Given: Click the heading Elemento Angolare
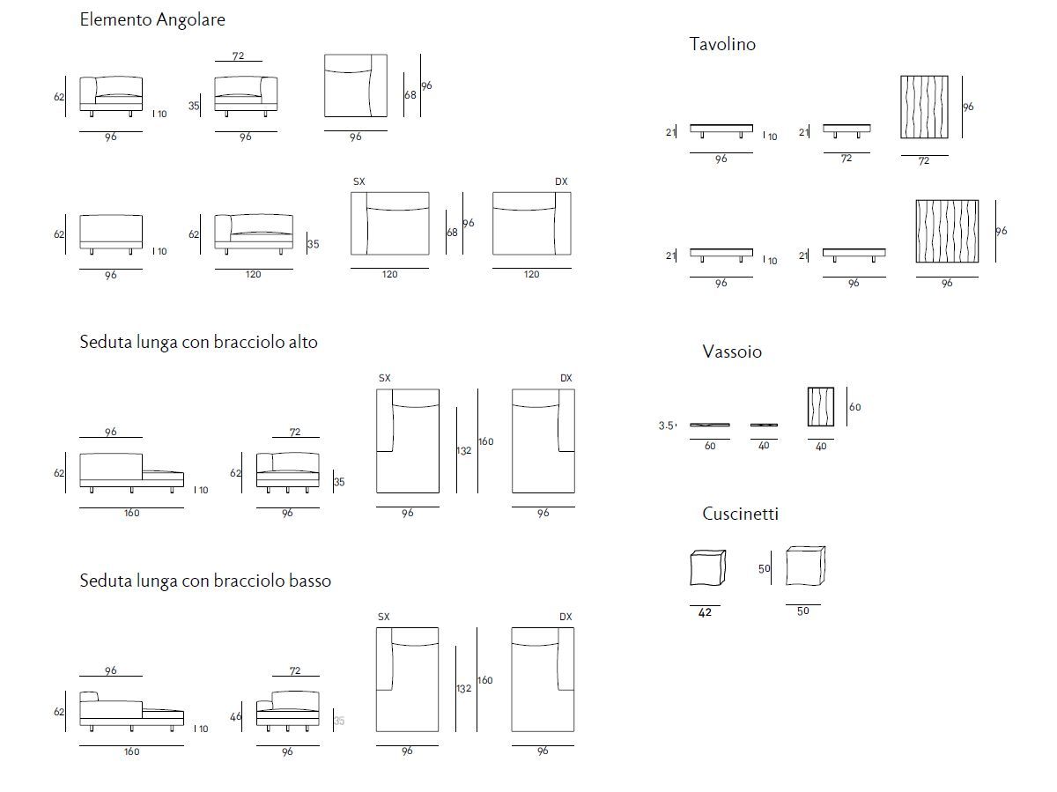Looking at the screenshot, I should point(152,19).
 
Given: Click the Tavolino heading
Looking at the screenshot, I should point(722,44).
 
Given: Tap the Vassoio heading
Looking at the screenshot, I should point(732,352).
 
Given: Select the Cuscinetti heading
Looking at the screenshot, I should point(740,514).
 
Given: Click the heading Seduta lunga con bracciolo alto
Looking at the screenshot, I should point(198,342).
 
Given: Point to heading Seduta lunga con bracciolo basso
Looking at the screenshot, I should point(205,581).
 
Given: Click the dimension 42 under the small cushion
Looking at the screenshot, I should point(705,612).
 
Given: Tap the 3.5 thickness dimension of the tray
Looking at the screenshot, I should point(666,426).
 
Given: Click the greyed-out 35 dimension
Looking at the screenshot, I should point(339,721).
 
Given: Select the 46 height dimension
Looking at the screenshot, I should point(235,716).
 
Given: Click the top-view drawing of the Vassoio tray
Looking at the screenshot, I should point(821,407).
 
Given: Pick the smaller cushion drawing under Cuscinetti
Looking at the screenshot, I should point(706,568).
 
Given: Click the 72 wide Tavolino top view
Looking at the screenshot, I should point(924,107).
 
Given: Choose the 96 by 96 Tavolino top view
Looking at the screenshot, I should point(947,231).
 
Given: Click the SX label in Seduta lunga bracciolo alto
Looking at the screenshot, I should point(384,378).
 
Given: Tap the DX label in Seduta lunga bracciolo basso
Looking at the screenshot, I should point(565,617).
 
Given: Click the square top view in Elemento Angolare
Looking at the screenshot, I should point(355,85).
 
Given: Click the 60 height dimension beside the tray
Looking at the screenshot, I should point(854,408).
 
